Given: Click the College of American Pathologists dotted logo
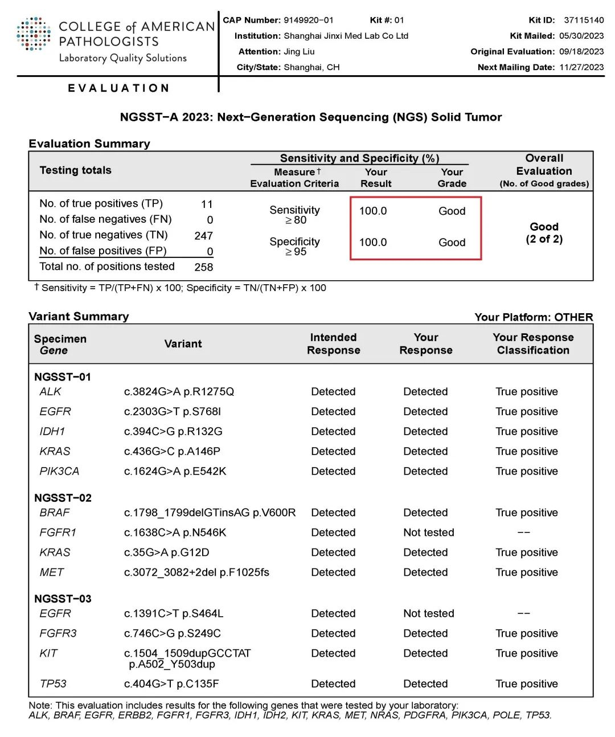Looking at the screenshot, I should (x=34, y=34).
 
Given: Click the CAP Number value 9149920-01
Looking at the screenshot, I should (x=308, y=20).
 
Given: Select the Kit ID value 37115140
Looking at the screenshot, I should (x=584, y=20).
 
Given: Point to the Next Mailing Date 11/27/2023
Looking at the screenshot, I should (x=581, y=67).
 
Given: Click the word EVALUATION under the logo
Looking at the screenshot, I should (x=118, y=88).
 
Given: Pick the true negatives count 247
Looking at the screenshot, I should (x=203, y=236).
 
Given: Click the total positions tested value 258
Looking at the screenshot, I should (x=203, y=267).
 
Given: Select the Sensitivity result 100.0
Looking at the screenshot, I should (x=373, y=211).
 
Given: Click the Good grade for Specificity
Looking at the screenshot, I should (x=452, y=243).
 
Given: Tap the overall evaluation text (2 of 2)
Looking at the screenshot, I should (x=544, y=239).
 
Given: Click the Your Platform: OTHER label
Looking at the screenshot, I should (x=534, y=317).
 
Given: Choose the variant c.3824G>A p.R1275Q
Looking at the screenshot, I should (x=179, y=392).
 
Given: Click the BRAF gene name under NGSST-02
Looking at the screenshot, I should (x=55, y=513).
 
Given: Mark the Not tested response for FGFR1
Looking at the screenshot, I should (x=429, y=533).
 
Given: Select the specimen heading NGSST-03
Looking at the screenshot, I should (x=63, y=599).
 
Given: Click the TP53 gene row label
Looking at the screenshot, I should (x=53, y=683).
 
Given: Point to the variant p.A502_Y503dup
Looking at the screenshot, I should (x=172, y=664).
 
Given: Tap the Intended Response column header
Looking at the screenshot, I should (x=333, y=344).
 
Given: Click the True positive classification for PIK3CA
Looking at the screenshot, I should (x=526, y=472).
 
